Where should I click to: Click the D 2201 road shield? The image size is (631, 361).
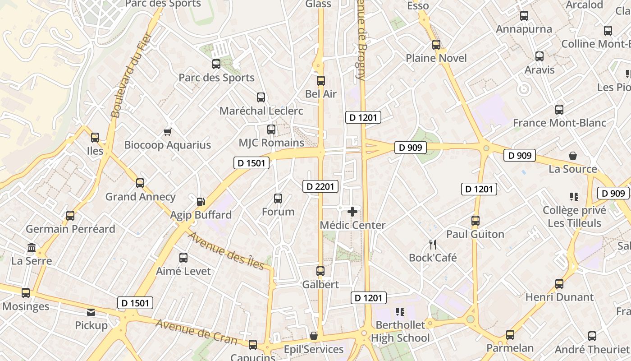(x=320, y=186)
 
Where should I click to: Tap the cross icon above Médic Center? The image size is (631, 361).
(x=352, y=211)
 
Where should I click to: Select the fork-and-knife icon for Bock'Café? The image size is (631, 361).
(x=433, y=245)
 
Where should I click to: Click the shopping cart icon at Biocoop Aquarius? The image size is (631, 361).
(x=168, y=132)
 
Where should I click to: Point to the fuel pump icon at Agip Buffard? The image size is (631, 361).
(x=201, y=202)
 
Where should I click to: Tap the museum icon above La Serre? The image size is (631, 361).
(x=32, y=247)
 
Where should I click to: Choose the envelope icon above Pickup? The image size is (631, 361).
(x=91, y=312)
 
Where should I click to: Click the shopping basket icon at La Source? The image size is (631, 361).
(x=572, y=156)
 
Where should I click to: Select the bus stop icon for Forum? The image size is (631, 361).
(x=278, y=198)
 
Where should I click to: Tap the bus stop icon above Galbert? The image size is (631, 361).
(x=320, y=271)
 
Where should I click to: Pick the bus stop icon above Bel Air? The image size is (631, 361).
(x=321, y=81)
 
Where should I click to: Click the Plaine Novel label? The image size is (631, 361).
(x=436, y=58)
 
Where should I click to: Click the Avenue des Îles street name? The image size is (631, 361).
(x=225, y=250)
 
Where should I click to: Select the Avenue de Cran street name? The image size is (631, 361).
(x=196, y=332)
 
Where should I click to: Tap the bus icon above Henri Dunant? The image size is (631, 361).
(x=559, y=284)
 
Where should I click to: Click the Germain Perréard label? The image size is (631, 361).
(x=70, y=229)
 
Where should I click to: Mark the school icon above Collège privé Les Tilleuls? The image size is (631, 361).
(x=574, y=197)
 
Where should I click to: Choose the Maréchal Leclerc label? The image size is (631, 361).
(x=261, y=111)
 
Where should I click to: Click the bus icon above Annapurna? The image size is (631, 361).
(x=524, y=16)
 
